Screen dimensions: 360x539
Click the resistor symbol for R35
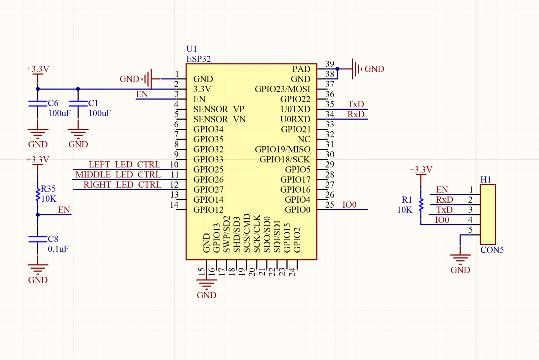[x=38, y=195]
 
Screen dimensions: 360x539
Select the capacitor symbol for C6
[x=38, y=103]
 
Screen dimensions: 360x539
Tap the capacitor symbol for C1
[x=78, y=103]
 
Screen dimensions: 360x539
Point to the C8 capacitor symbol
[x=38, y=239]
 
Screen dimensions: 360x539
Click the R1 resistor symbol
[x=421, y=205]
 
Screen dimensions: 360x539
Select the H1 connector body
[x=488, y=214]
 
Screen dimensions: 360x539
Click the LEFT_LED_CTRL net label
[x=124, y=165]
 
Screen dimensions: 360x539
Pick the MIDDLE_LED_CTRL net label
[x=118, y=175]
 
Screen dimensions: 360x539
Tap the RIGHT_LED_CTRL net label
[x=122, y=185]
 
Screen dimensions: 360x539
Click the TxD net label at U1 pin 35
[x=356, y=104]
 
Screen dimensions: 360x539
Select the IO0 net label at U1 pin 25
[x=349, y=205]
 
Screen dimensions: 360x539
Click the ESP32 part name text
[x=199, y=59]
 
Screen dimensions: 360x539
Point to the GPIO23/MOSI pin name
[x=282, y=89]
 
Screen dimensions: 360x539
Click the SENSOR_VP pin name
[x=219, y=109]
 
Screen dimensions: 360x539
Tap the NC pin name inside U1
[x=304, y=140]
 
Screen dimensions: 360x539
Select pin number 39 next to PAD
[x=330, y=64]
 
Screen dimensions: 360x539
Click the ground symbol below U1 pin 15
[x=206, y=285]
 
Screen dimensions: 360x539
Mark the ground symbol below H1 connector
[x=460, y=259]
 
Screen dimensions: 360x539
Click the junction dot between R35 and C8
[x=38, y=215]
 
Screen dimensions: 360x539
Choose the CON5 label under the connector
[x=492, y=250]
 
